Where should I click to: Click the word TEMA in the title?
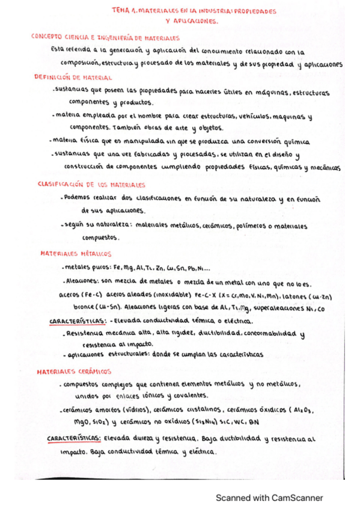point(122,11)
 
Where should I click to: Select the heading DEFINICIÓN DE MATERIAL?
point(73,77)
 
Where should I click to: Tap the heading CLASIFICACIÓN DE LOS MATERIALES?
point(91,185)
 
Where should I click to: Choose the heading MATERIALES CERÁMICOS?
point(75,371)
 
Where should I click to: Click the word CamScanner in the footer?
point(293,497)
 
